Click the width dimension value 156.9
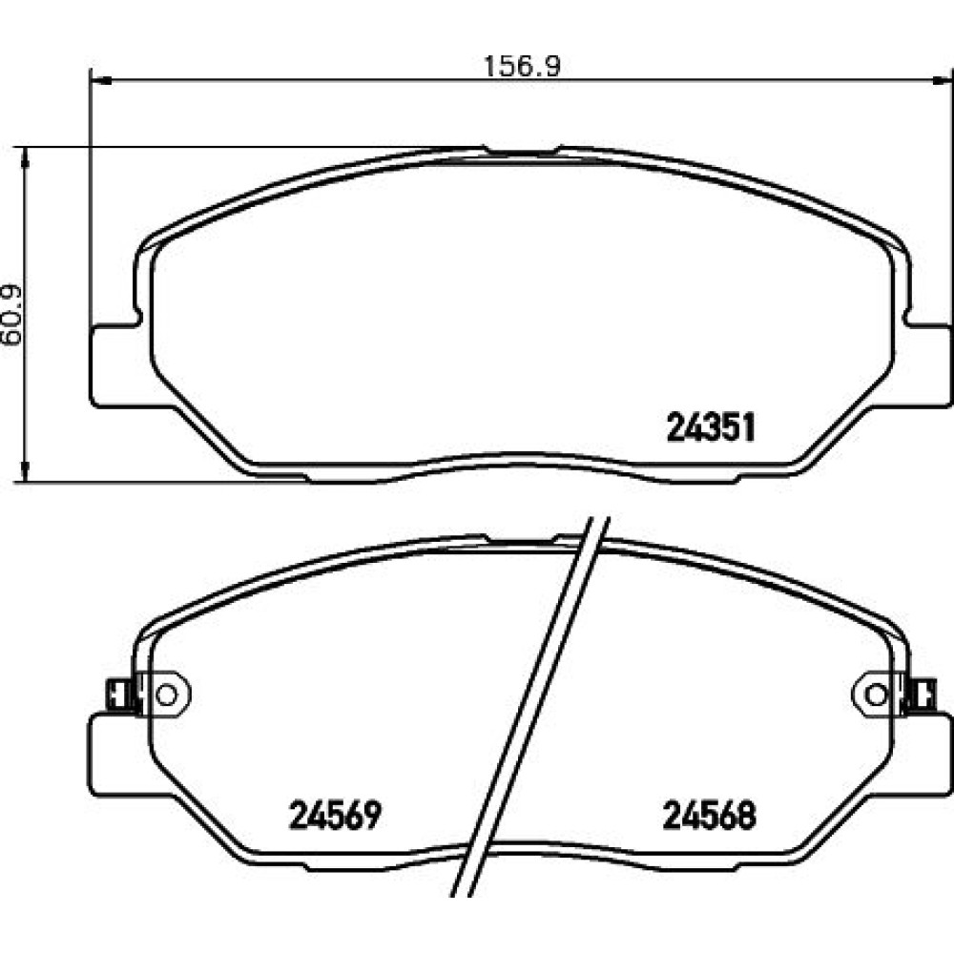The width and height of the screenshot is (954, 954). coord(522,66)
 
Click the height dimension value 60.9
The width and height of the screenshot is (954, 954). coord(11,315)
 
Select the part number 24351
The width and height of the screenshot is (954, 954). coord(711,427)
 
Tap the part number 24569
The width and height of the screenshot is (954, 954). coord(335,815)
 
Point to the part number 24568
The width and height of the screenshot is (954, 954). coord(710,815)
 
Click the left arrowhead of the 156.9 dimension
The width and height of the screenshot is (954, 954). coord(101,80)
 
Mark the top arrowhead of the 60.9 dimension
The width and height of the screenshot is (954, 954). coord(25,157)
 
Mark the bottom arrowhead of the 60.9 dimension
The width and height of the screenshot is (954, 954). coord(25,471)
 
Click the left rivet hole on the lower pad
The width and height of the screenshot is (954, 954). coord(165,695)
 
